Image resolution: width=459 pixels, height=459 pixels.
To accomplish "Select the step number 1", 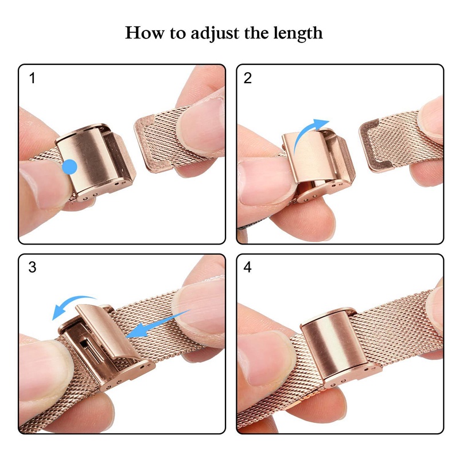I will pyautogui.click(x=32, y=79).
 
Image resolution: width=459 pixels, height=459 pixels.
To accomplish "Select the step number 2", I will pyautogui.click(x=248, y=79).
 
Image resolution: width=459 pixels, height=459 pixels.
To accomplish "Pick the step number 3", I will pyautogui.click(x=32, y=268).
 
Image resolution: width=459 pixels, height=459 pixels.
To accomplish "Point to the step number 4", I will pyautogui.click(x=248, y=268).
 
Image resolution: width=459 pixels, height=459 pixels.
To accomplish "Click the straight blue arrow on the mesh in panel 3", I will pyautogui.click(x=157, y=324).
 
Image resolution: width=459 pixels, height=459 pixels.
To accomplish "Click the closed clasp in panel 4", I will pyautogui.click(x=333, y=347).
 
